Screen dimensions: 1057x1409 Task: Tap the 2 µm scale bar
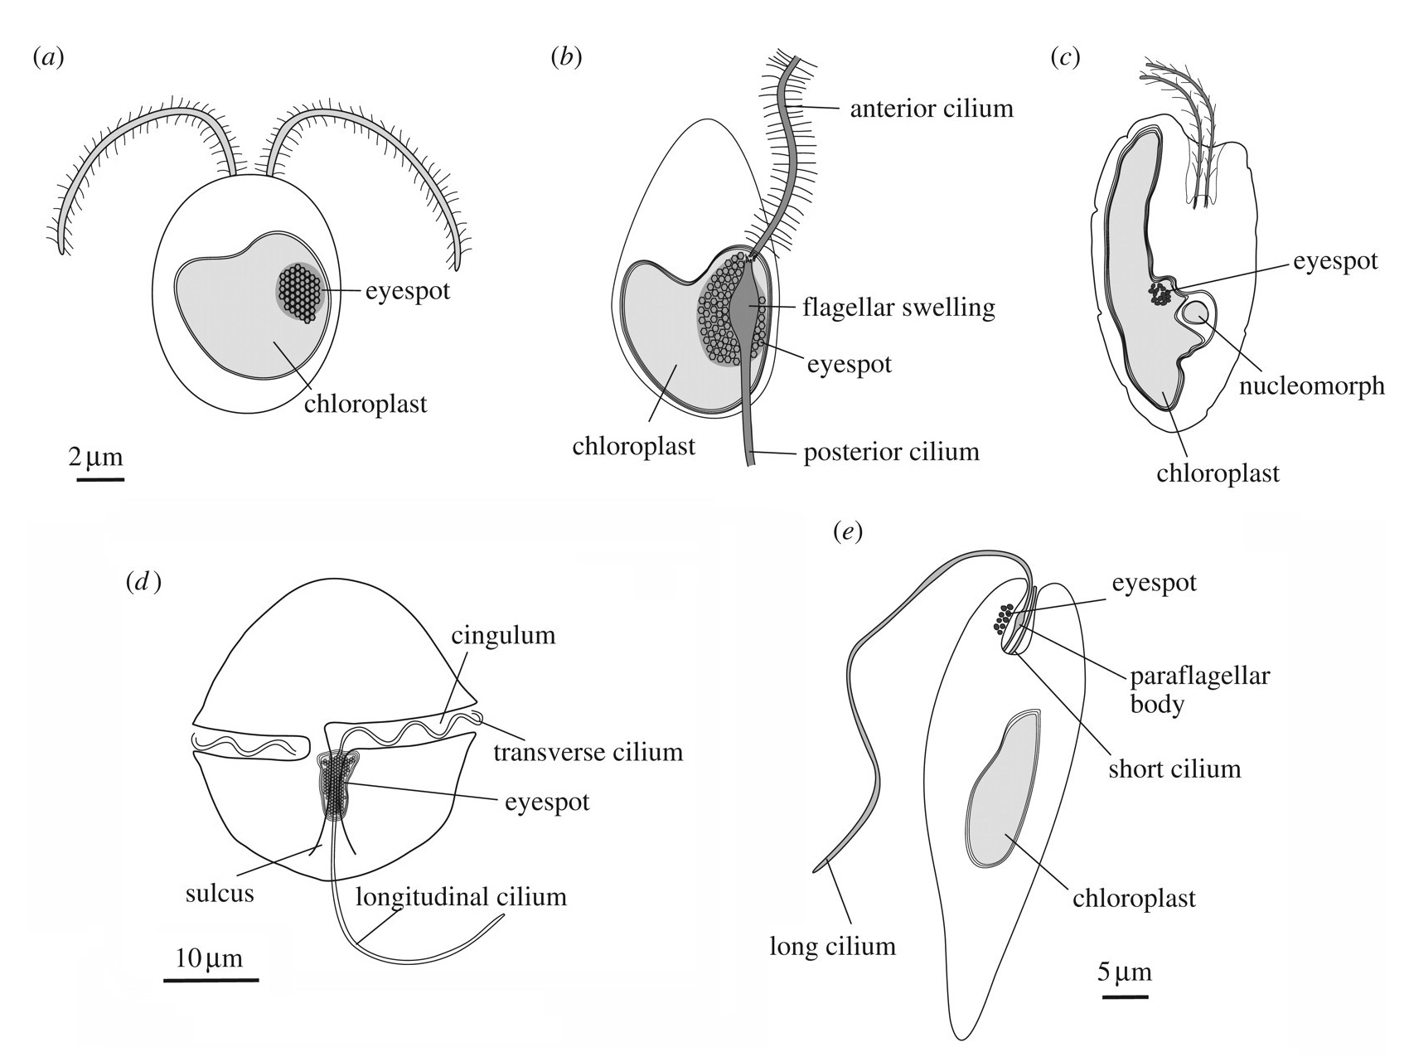point(100,478)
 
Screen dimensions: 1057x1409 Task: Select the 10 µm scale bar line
point(211,980)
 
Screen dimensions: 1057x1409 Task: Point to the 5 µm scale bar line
point(1125,996)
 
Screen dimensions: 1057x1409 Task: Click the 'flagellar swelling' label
point(898,308)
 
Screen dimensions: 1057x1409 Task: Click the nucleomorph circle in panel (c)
point(1196,313)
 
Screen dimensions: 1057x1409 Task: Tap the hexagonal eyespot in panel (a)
point(299,292)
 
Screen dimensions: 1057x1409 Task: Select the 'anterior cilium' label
point(931,108)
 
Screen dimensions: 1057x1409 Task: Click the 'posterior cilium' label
point(891,452)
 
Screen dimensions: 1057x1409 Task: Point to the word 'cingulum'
point(503,636)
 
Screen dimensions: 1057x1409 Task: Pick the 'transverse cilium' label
point(588,752)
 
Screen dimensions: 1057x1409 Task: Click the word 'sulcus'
point(220,894)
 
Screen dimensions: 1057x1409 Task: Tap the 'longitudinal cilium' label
point(462,896)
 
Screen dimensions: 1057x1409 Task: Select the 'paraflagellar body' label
point(1199,690)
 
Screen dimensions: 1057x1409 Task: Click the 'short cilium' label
point(1174,769)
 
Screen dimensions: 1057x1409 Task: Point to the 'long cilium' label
point(833,946)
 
